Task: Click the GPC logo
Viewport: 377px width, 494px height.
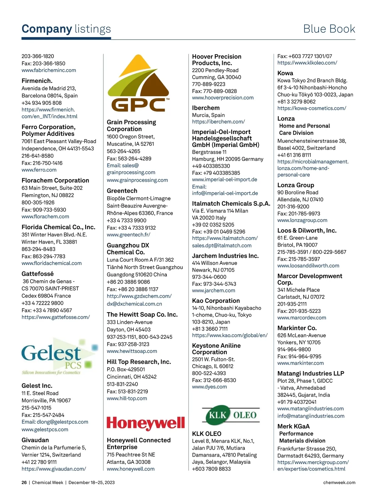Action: (x=139, y=84)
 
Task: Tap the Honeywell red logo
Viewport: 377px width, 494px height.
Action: (x=146, y=423)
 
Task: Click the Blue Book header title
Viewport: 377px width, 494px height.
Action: (x=329, y=29)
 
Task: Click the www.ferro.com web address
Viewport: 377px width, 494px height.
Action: (x=39, y=170)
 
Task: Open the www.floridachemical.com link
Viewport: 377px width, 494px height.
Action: (x=52, y=263)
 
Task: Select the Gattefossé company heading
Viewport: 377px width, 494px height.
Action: (x=38, y=274)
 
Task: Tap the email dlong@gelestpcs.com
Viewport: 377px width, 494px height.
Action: (x=55, y=422)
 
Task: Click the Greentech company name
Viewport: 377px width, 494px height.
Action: (x=122, y=191)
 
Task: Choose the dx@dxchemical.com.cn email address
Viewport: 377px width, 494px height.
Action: (x=134, y=304)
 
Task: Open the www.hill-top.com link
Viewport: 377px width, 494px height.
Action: (x=127, y=398)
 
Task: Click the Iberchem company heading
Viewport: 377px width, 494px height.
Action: (x=206, y=108)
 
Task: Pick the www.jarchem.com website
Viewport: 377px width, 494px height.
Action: (x=214, y=291)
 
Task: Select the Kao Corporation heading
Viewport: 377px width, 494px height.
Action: (x=216, y=301)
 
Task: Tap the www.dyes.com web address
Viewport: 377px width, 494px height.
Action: (x=209, y=387)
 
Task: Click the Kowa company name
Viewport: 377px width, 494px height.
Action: (x=285, y=73)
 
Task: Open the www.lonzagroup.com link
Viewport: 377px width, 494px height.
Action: (x=302, y=220)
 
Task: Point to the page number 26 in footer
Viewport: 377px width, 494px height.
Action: (x=24, y=482)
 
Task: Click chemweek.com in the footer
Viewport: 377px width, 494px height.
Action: (x=339, y=482)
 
